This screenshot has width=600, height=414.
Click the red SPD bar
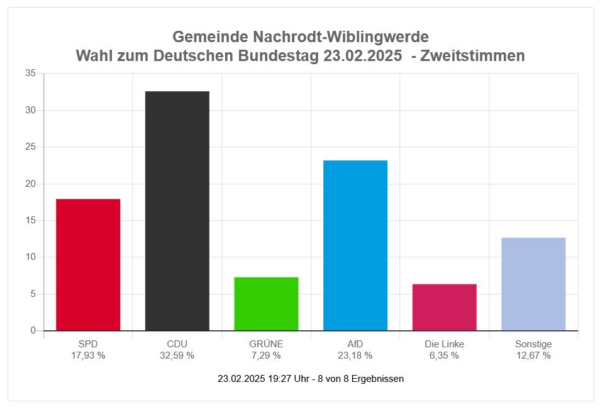coord(88,264)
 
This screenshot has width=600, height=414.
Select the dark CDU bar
coord(177,211)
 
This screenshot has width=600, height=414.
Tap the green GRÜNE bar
coord(266,303)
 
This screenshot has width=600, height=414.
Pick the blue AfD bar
coord(355,245)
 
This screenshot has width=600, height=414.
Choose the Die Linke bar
coord(444,307)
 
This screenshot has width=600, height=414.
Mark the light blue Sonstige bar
coord(533,284)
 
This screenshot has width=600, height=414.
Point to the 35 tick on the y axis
coord(31,74)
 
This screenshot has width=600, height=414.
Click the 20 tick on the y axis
coord(31,184)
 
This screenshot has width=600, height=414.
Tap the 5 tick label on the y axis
coord(33,294)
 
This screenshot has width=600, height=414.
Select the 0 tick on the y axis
coord(33,330)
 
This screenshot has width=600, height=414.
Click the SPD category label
coord(88,344)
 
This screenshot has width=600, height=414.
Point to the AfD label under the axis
coord(355,344)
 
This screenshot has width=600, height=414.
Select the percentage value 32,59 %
coord(177,355)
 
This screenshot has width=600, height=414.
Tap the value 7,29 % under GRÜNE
coord(266,355)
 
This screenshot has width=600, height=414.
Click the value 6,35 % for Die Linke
coord(444,355)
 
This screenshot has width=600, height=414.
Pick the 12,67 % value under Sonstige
coord(533,355)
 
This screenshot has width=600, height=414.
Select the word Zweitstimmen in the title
coord(472,56)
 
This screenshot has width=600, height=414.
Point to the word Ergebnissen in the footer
coord(377,379)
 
